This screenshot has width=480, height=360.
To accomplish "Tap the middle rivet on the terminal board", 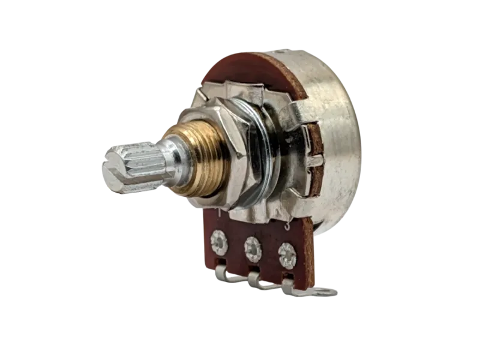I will (x=253, y=246).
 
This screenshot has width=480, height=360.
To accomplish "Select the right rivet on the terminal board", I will (x=287, y=254).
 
